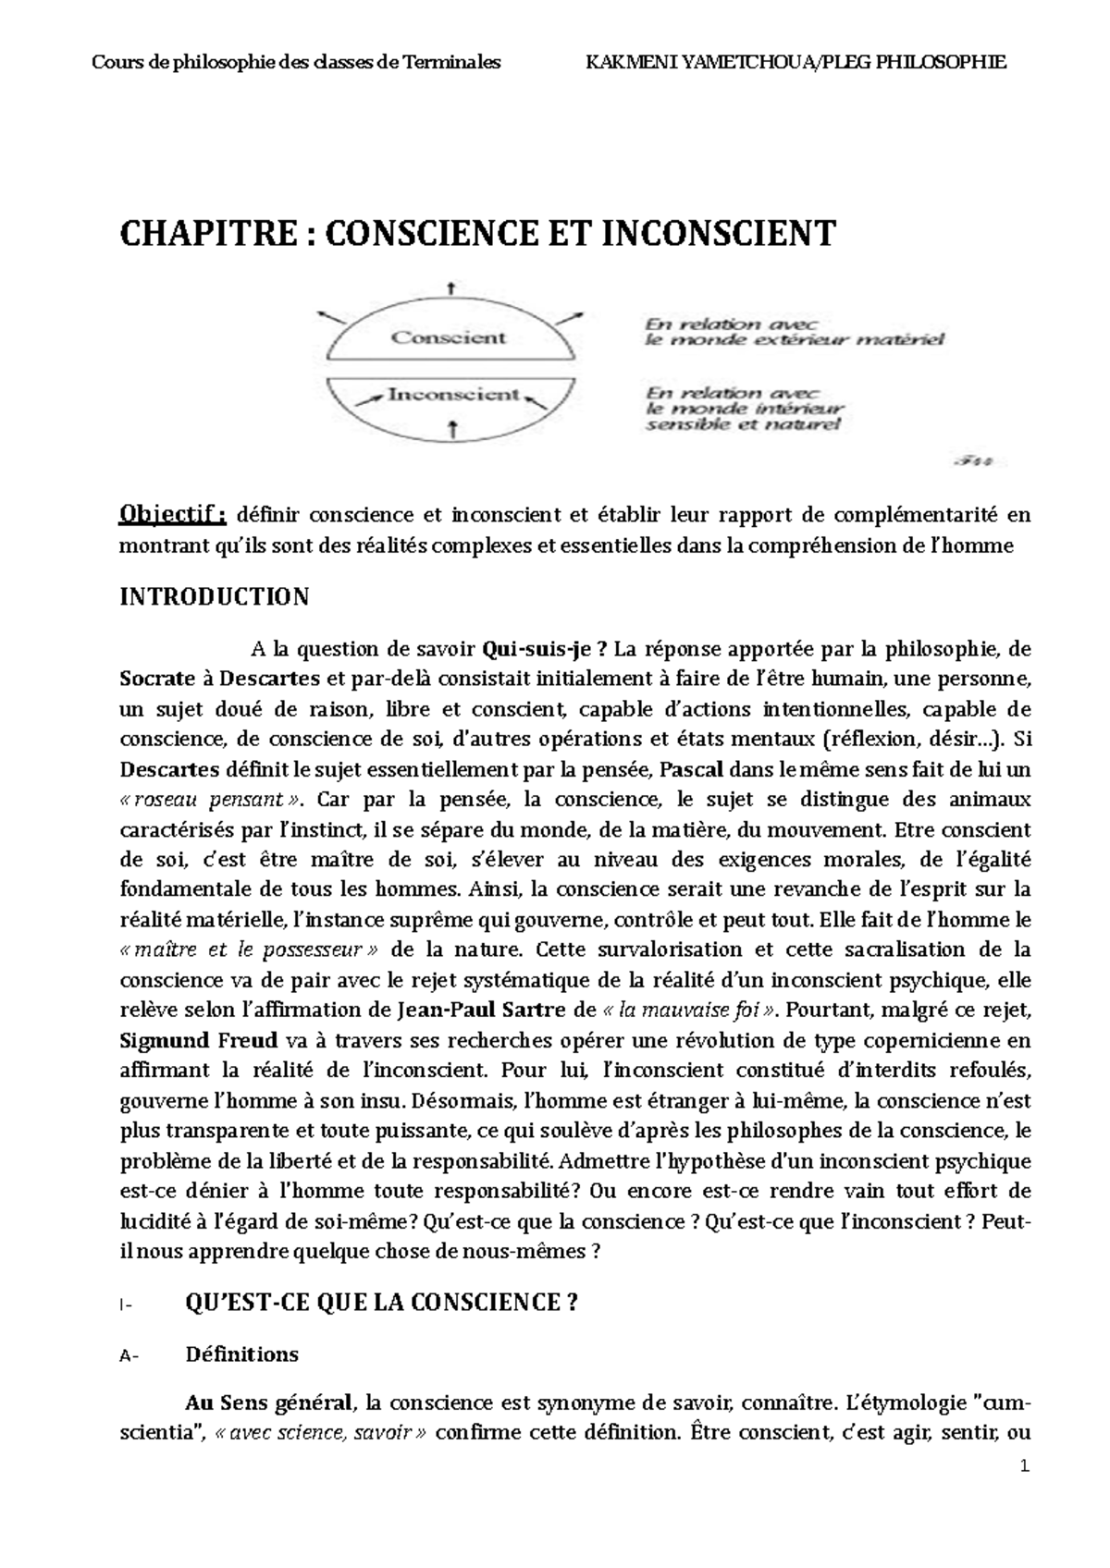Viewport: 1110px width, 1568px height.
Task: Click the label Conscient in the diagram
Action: click(448, 337)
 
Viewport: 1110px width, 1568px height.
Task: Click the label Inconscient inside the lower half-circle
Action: click(453, 395)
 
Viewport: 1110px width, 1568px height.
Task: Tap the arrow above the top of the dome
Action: click(450, 288)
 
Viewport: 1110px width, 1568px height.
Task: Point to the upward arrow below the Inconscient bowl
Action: click(452, 427)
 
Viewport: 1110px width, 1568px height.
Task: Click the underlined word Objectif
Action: click(172, 514)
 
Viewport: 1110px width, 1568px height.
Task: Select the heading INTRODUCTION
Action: click(215, 597)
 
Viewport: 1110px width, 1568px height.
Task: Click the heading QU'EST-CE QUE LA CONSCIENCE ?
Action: click(381, 1304)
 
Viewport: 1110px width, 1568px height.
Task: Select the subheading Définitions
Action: click(241, 1354)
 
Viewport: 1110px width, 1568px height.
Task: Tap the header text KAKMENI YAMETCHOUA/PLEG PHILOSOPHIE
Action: click(796, 63)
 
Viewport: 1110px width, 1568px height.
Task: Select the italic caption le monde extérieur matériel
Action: click(794, 340)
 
